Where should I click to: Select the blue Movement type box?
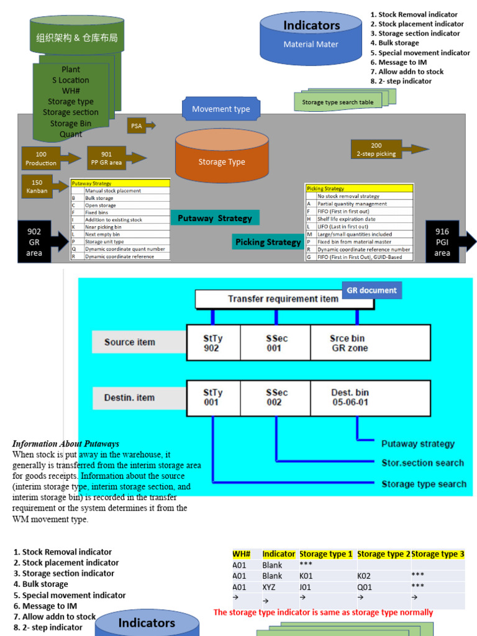pos(220,109)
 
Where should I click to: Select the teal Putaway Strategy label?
pos(215,218)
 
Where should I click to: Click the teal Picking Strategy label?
pos(268,242)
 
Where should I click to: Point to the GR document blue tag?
pos(371,290)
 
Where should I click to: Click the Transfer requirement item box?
pos(283,299)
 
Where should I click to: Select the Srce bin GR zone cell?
pos(370,343)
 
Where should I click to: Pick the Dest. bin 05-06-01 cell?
pos(370,397)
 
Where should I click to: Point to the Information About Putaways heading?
pos(65,443)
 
